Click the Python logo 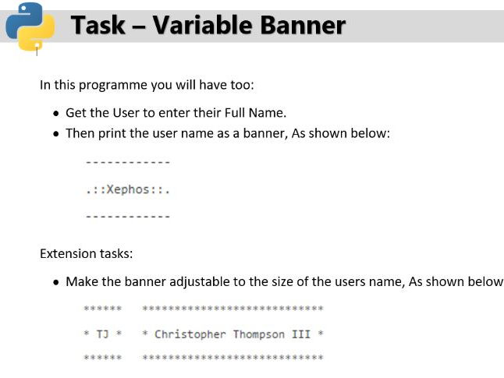coord(30,26)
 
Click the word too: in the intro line coord(243,85)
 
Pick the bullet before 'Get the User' coord(57,113)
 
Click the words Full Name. coord(255,113)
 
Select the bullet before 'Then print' coord(57,134)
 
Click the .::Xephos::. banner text coord(128,189)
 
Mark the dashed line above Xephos coord(128,162)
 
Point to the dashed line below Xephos coord(128,217)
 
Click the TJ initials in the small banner coord(103,334)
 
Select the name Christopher coord(190,334)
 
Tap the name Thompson coord(259,334)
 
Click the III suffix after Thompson coord(301,334)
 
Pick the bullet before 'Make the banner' coord(57,283)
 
